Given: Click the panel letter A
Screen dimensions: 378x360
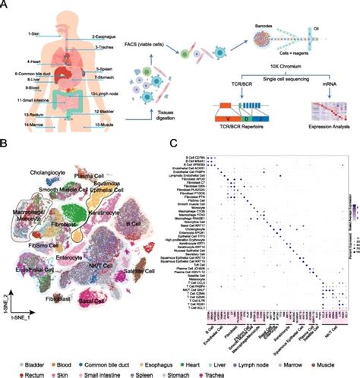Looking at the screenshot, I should (x=6, y=6).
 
